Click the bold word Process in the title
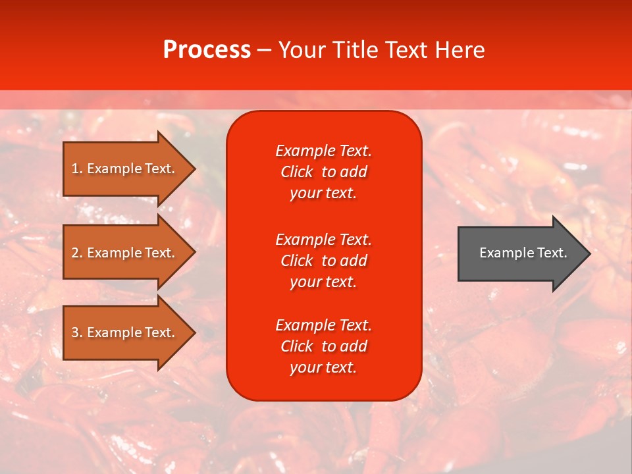click(x=207, y=50)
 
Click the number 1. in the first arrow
click(x=77, y=169)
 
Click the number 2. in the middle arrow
click(x=77, y=253)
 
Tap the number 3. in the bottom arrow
click(x=77, y=332)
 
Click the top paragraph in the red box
click(x=323, y=172)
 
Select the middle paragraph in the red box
click(x=323, y=261)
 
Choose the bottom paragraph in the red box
click(x=323, y=346)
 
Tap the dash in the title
click(x=264, y=51)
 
